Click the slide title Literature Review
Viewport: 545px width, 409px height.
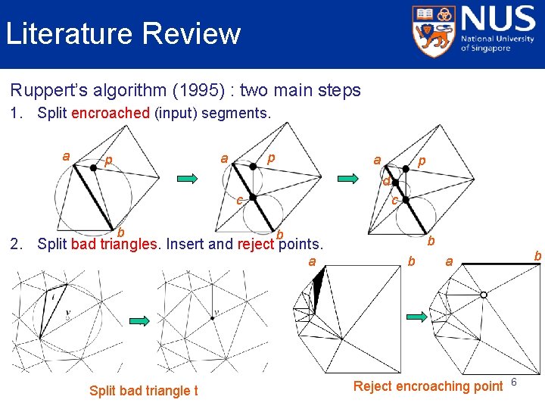(123, 34)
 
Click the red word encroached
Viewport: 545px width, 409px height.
(110, 114)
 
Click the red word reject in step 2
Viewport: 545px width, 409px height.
(255, 244)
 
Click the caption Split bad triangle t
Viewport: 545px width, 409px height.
(144, 391)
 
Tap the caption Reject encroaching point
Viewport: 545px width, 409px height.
(428, 386)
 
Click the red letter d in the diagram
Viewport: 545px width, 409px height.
(386, 182)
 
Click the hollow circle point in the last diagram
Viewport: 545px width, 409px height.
(483, 295)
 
